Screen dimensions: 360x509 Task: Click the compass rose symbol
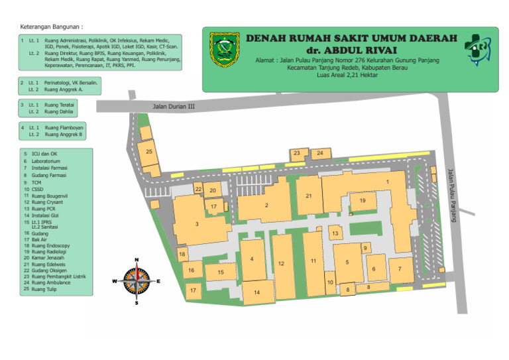pos(137,280)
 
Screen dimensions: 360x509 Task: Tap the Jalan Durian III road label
pos(174,105)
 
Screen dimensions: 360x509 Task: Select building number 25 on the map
pos(149,152)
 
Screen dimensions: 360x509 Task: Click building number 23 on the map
pos(298,154)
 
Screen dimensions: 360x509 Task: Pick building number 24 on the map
pos(320,153)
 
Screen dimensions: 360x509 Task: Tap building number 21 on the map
pos(309,196)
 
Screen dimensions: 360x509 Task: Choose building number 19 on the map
pos(363,200)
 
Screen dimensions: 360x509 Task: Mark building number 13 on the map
pos(335,233)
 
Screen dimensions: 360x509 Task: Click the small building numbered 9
pos(365,248)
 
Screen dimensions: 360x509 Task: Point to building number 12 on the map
pos(282,264)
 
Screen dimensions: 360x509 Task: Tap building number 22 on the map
pos(198,189)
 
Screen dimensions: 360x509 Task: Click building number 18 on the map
pos(182,254)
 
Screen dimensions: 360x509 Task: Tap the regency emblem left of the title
pos(223,48)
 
